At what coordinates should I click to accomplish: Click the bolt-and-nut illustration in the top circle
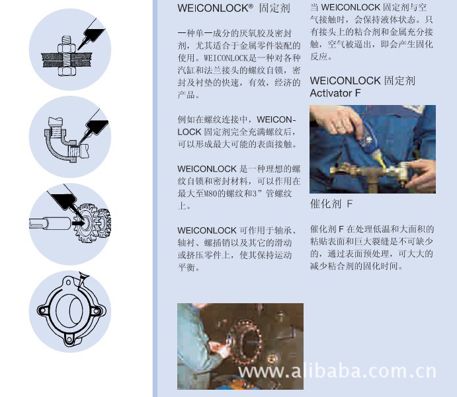(67, 57)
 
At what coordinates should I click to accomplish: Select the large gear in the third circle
(85, 223)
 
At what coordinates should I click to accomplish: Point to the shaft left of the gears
(50, 223)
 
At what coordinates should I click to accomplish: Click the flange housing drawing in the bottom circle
(70, 311)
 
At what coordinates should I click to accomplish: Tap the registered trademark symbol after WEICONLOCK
(251, 6)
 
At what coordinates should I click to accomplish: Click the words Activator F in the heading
(335, 93)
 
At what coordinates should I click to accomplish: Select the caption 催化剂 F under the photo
(331, 203)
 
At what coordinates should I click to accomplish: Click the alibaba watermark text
(337, 371)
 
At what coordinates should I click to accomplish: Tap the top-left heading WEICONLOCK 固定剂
(233, 8)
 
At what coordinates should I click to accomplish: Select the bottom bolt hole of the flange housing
(69, 340)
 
